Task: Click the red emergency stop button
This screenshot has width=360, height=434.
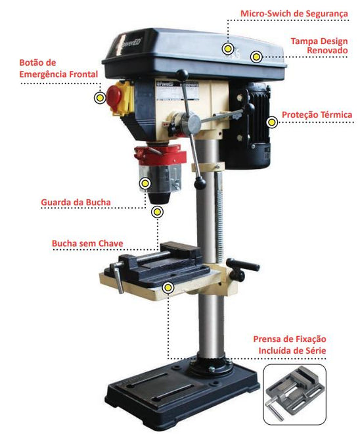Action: (114, 96)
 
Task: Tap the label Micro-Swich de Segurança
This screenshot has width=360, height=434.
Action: (294, 14)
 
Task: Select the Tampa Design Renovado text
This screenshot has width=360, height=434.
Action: (319, 45)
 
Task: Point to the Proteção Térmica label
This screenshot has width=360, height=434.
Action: (317, 114)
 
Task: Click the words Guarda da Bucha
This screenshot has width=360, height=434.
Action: (76, 202)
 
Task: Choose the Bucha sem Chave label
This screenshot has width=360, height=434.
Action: (87, 243)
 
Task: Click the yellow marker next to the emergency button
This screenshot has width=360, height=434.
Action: (100, 98)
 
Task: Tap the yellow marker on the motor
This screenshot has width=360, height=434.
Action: (272, 122)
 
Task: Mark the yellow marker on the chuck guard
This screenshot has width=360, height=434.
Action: (145, 183)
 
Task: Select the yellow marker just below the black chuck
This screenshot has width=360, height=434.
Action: (157, 212)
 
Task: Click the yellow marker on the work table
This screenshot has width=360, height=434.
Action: (168, 288)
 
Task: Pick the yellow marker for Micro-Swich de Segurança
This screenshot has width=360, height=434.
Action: (227, 49)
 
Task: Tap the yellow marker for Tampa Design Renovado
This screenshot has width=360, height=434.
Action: (256, 57)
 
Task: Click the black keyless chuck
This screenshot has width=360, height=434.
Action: (158, 198)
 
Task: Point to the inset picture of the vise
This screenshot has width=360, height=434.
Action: (294, 395)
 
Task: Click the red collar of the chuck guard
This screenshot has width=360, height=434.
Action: (160, 155)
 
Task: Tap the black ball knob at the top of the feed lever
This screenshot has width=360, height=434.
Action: (182, 74)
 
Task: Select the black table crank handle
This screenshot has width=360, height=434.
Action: (243, 268)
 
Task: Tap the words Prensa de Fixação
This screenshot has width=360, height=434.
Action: (290, 339)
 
